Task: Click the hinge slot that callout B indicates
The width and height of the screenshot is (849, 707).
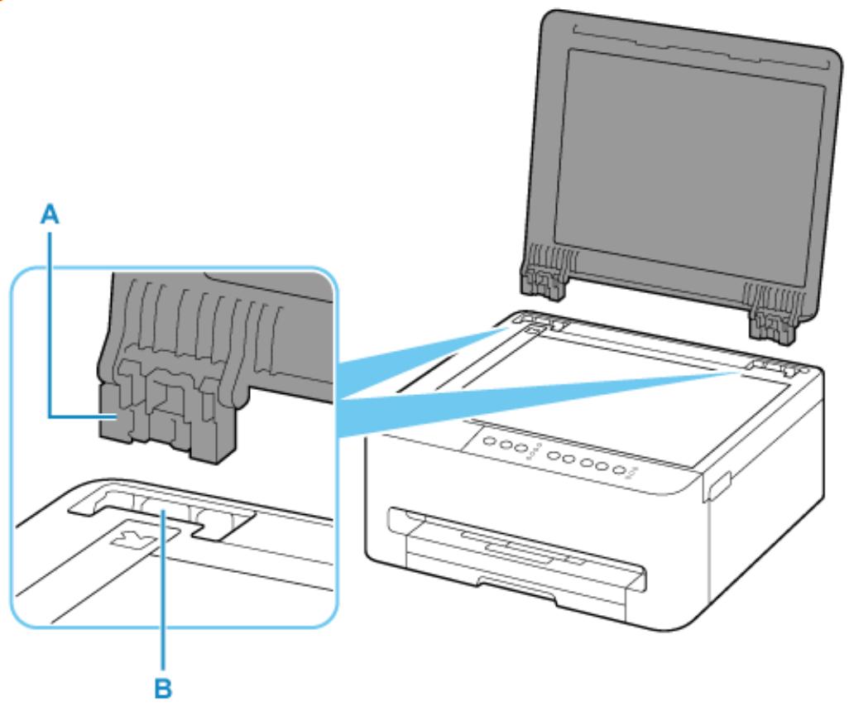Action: coord(164,525)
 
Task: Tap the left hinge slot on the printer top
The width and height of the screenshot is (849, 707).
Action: coord(530,325)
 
